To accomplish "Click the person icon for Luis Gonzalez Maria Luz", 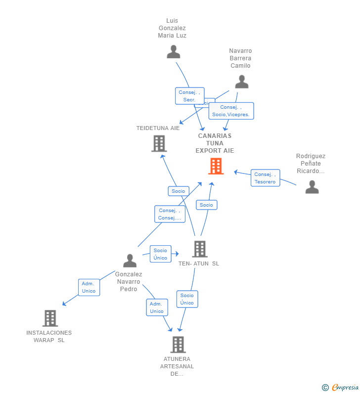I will pyautogui.click(x=173, y=52).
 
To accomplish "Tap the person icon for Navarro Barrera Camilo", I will pyautogui.click(x=241, y=82).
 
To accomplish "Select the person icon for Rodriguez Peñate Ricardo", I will pyautogui.click(x=312, y=187).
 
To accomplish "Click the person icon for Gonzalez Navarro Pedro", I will pyautogui.click(x=130, y=261).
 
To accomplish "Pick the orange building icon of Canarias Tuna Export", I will pyautogui.click(x=216, y=166).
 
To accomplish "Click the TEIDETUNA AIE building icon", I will pyautogui.click(x=159, y=143).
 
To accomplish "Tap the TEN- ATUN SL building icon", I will pyautogui.click(x=199, y=249).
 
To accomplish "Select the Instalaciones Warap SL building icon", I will pyautogui.click(x=50, y=318).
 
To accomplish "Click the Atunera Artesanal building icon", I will pyautogui.click(x=178, y=345).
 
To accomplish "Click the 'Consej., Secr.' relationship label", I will pyautogui.click(x=189, y=96).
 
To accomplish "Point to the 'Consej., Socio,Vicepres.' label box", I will pyautogui.click(x=231, y=111).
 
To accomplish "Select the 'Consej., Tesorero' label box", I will pyautogui.click(x=265, y=178).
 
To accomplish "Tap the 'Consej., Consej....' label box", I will pyautogui.click(x=170, y=214).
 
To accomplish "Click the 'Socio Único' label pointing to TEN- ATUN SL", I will pyautogui.click(x=160, y=254).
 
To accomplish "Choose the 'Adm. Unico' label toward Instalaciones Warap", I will pyautogui.click(x=89, y=287).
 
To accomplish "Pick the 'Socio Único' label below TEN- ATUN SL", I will pyautogui.click(x=187, y=299).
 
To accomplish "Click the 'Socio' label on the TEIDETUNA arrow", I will pyautogui.click(x=178, y=191).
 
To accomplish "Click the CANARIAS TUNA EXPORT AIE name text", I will pyautogui.click(x=215, y=143).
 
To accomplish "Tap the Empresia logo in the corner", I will pyautogui.click(x=341, y=387).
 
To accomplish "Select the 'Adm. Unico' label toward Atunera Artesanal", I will pyautogui.click(x=157, y=307).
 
